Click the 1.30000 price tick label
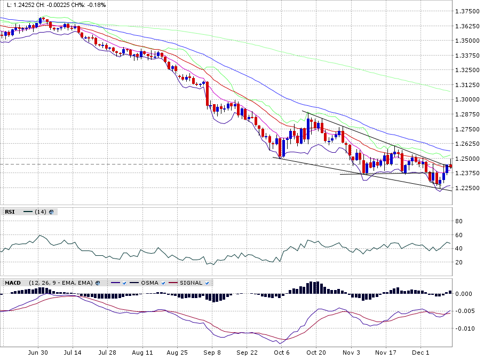tap(467, 99)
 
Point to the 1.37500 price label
tap(467, 11)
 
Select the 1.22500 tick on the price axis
tap(467, 188)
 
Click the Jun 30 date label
tap(38, 353)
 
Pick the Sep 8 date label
tap(212, 353)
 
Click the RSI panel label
tap(10, 212)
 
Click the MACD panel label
tap(13, 283)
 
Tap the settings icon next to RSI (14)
tap(51, 212)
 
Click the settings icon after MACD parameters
tap(98, 283)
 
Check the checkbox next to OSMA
tap(163, 283)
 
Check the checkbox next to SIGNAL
tap(207, 283)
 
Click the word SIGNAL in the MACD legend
tap(191, 283)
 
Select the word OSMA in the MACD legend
tap(149, 283)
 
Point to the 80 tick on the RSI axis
tap(457, 221)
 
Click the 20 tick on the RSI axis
tap(457, 262)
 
